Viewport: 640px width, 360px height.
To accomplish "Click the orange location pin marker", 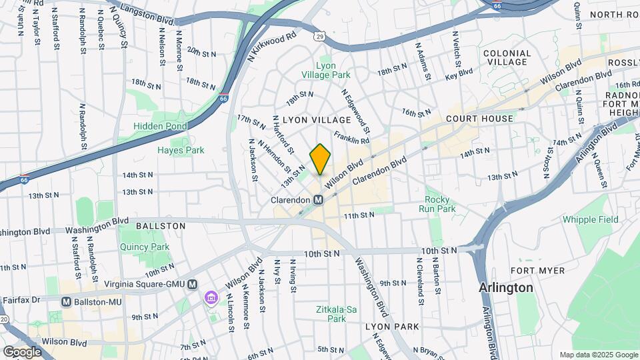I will [320, 159].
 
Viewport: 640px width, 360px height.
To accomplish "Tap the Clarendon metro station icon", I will [319, 200].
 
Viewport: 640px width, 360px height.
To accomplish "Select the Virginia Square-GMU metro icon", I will [193, 284].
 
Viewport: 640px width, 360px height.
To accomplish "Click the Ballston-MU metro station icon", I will [66, 301].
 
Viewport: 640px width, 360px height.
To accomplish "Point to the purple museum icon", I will [211, 297].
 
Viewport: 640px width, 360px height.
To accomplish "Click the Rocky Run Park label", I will [437, 204].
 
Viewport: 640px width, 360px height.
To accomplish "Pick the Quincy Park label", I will [145, 247].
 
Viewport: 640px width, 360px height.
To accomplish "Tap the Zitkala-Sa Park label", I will [331, 314].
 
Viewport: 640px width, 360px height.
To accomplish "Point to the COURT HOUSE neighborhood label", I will [480, 119].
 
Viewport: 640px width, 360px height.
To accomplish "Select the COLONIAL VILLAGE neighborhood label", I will [507, 57].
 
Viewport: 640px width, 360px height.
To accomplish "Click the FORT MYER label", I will [537, 271].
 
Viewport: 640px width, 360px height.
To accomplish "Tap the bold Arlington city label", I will [506, 288].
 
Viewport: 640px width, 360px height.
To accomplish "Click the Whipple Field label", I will [591, 219].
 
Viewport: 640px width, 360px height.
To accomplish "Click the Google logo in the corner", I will [22, 351].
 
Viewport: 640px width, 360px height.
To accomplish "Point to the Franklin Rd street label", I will [351, 137].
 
